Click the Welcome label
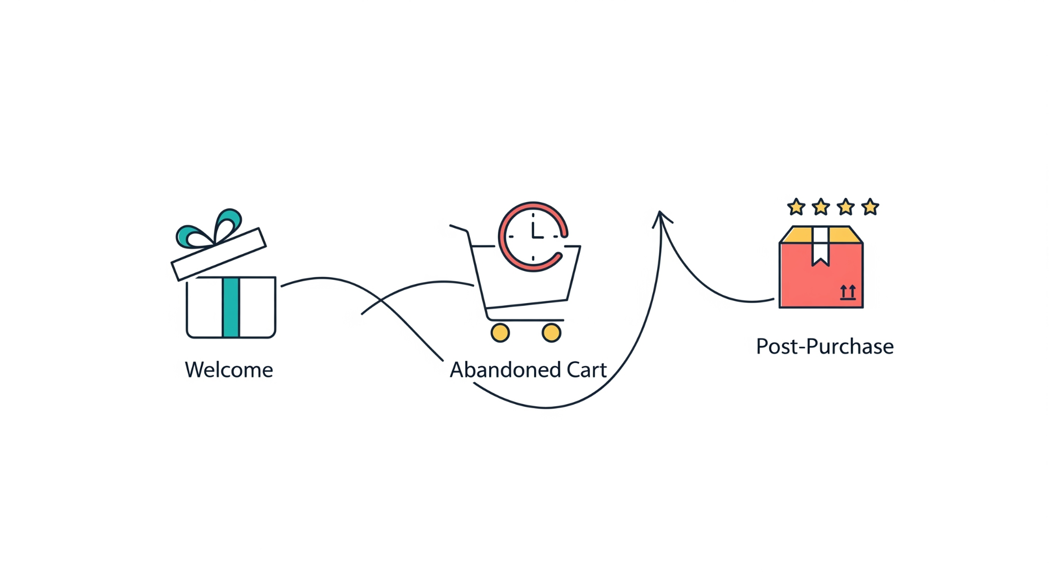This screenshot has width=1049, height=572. (229, 370)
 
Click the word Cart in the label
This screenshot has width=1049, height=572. (586, 370)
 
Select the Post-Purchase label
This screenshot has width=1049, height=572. (825, 347)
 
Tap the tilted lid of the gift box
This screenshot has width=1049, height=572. (219, 254)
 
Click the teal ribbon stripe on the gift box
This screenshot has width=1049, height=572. (231, 307)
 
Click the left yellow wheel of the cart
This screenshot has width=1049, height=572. (500, 333)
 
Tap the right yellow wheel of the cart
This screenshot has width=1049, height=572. (551, 333)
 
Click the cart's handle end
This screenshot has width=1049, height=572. (451, 225)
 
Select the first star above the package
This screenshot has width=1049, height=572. (796, 207)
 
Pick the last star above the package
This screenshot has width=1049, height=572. (870, 207)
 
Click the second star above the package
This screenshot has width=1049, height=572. (821, 207)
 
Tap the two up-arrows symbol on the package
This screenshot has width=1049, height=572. (848, 292)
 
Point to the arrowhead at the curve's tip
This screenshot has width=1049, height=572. (661, 213)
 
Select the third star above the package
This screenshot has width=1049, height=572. (845, 207)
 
